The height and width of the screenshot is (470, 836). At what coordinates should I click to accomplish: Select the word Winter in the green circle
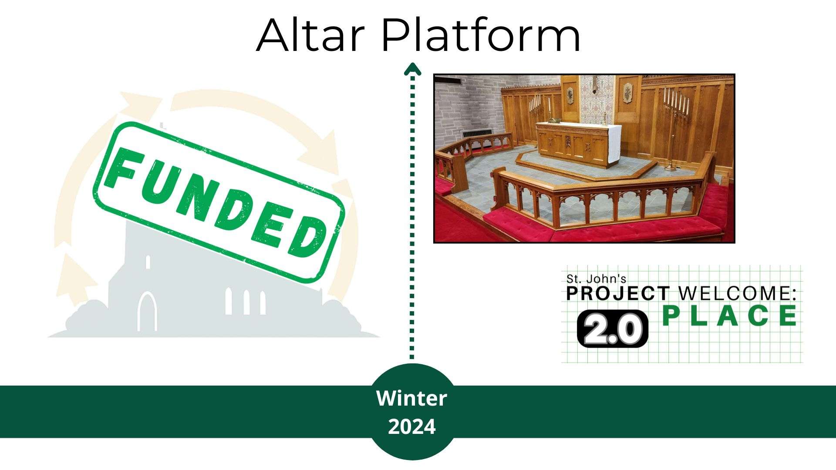tap(411, 398)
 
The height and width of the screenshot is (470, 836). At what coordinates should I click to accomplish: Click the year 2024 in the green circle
tap(411, 427)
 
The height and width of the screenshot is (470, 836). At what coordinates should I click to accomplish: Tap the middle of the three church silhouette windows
tap(246, 302)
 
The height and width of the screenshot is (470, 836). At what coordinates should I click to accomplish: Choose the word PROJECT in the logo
tap(617, 293)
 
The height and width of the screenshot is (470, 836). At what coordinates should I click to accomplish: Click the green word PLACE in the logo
tap(730, 316)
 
